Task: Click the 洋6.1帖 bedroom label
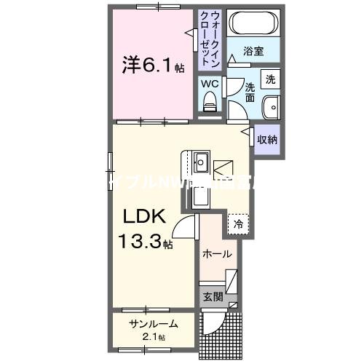(x=152, y=66)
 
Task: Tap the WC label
(x=210, y=84)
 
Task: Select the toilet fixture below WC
(x=210, y=104)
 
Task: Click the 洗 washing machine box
(x=270, y=79)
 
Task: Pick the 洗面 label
(x=249, y=90)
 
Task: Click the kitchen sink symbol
(x=202, y=162)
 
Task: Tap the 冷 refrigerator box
(x=237, y=224)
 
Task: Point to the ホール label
(x=217, y=255)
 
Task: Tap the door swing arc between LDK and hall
(x=186, y=234)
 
